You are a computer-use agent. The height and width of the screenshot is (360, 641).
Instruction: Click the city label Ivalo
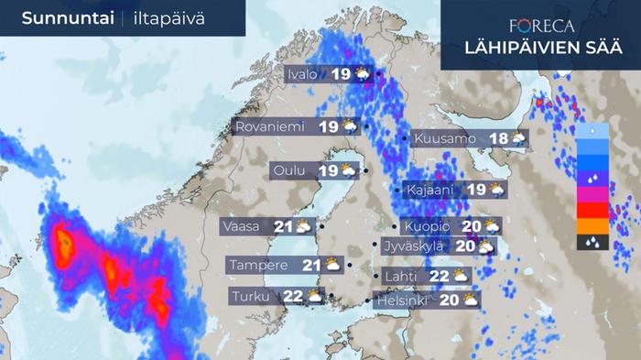[x=303, y=74]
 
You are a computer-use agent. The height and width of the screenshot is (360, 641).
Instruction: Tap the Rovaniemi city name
[x=268, y=126]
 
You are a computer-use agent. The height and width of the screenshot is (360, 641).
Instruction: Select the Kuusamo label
[x=445, y=139]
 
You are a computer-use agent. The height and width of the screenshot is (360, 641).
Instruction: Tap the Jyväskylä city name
[x=413, y=245]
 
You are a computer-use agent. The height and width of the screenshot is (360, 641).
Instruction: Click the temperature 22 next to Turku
[x=292, y=296]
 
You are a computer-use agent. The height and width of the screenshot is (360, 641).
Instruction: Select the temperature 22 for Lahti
[x=438, y=276]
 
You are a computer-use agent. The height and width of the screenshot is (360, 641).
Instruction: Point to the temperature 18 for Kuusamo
[x=499, y=139]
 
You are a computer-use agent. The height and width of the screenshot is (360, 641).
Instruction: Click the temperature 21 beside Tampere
[x=311, y=265]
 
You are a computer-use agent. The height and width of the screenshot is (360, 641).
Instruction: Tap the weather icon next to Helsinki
[x=469, y=299]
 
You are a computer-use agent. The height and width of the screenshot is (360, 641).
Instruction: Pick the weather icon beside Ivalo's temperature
[x=363, y=74]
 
